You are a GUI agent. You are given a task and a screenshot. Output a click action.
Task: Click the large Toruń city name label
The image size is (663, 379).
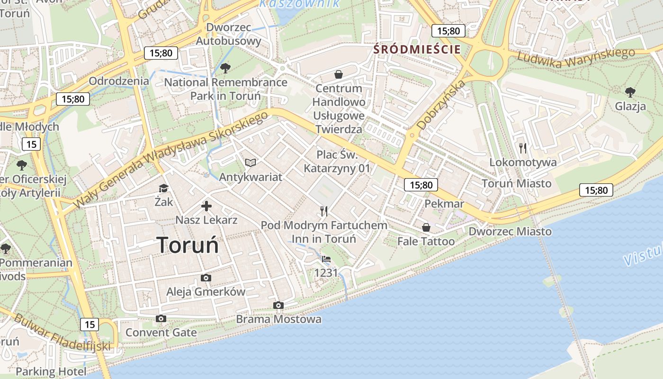pos(188,245)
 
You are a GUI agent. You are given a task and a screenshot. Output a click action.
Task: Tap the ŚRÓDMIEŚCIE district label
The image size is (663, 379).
pos(417,49)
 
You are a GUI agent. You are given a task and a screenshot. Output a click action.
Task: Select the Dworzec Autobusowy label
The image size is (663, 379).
pos(229,34)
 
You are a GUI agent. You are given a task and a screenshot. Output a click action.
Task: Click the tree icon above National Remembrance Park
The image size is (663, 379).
pos(225,68)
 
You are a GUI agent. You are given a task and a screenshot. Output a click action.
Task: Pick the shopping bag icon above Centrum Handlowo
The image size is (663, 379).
pos(339,74)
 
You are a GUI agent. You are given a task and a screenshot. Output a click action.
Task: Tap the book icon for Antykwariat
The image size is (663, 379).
pos(251,163)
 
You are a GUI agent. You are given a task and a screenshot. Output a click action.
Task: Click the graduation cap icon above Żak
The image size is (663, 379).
pos(163,188)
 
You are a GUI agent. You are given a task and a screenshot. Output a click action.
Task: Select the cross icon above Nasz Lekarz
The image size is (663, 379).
pos(206,206)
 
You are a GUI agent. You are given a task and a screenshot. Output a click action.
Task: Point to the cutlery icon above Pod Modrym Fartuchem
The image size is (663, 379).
pos(324,211)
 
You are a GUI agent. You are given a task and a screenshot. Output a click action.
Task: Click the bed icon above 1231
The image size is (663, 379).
pos(326,259)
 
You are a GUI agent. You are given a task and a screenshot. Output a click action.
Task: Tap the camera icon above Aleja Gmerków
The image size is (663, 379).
pos(206,278)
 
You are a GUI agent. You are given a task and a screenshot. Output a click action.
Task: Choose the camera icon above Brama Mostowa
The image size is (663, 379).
pos(278,306)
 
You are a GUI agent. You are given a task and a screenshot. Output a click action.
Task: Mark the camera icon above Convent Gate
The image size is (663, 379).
pos(161,319)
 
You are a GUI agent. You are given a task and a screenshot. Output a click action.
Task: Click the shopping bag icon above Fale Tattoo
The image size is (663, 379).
pos(426,228)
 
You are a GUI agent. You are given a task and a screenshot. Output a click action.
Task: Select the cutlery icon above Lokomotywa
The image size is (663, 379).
pos(523,148)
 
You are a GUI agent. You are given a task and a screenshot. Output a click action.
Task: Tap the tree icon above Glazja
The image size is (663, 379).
pos(630,92)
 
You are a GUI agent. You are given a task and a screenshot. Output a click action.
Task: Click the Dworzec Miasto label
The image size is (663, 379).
pos(510,231)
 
